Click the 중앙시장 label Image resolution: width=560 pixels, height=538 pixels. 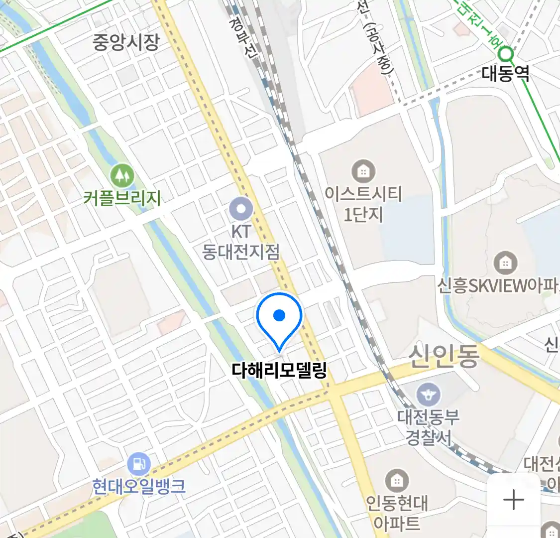pos(126,42)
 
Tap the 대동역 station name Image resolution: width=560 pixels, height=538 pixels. pos(505,74)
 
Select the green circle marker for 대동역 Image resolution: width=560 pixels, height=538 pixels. pos(506,52)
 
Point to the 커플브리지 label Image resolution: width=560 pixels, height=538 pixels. pos(122,198)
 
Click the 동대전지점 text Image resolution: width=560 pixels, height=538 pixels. pos(241,252)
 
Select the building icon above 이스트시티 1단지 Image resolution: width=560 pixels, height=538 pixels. pos(363,172)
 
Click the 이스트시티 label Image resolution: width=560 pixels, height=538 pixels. pos(363,193)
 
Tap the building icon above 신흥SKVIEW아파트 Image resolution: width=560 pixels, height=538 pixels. pos(505,262)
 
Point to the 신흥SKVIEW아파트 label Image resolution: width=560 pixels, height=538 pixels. pos(498,285)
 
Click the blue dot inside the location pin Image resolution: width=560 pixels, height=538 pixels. pos(279,315)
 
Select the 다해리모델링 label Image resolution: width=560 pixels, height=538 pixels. pos(279,370)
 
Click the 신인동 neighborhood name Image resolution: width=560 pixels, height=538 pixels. pos(444,356)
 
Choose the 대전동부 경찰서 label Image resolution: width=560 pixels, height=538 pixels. pos(428,427)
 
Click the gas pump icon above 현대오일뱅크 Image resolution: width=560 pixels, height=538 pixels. pos(138,464)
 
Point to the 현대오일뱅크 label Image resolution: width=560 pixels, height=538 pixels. pos(139,486)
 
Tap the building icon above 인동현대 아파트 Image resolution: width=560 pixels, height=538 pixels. pos(397,481)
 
